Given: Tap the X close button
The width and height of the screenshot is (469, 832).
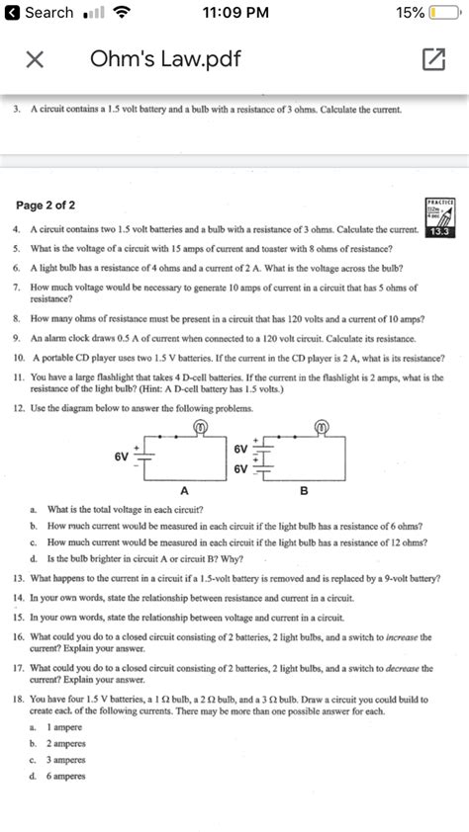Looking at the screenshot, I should (x=34, y=60).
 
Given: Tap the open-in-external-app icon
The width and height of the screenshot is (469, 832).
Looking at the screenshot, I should (x=433, y=60).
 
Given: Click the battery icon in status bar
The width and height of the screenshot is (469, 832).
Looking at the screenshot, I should (x=445, y=13).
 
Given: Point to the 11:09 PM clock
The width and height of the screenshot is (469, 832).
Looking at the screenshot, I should (x=234, y=13).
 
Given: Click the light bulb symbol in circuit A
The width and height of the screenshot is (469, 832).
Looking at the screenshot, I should (x=199, y=427).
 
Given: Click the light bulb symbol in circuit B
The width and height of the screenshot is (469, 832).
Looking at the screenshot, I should (x=321, y=427).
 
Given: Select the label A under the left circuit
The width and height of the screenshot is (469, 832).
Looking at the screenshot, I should (x=184, y=491).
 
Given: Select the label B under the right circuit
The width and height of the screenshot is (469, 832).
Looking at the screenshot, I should (x=304, y=491).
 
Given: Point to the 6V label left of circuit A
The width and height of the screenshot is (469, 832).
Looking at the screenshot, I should (x=122, y=458).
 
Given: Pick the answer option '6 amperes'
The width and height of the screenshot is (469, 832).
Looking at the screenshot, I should (x=65, y=776).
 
